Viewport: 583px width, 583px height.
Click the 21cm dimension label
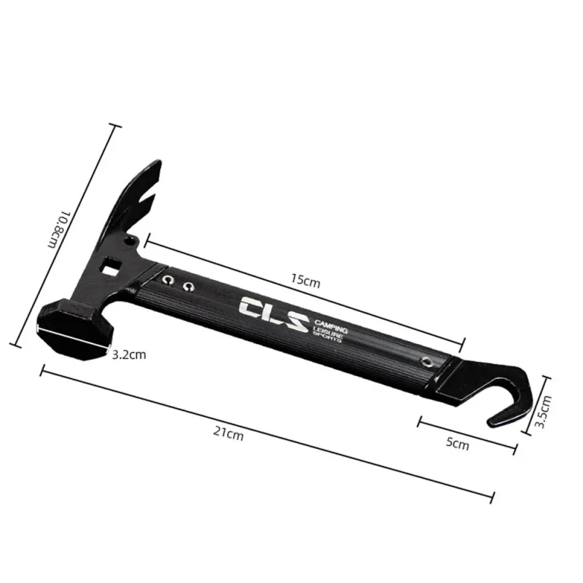(x=228, y=434)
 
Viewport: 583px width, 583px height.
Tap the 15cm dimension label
(x=305, y=280)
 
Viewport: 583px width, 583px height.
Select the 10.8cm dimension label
(x=59, y=230)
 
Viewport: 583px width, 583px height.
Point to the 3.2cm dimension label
(x=129, y=355)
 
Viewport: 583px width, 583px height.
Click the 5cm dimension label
(x=458, y=443)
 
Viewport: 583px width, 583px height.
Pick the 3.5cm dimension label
(x=543, y=412)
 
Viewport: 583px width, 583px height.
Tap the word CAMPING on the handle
(x=331, y=326)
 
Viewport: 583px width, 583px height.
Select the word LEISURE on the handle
(x=327, y=332)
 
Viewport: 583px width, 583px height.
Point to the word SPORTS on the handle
(x=326, y=337)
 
